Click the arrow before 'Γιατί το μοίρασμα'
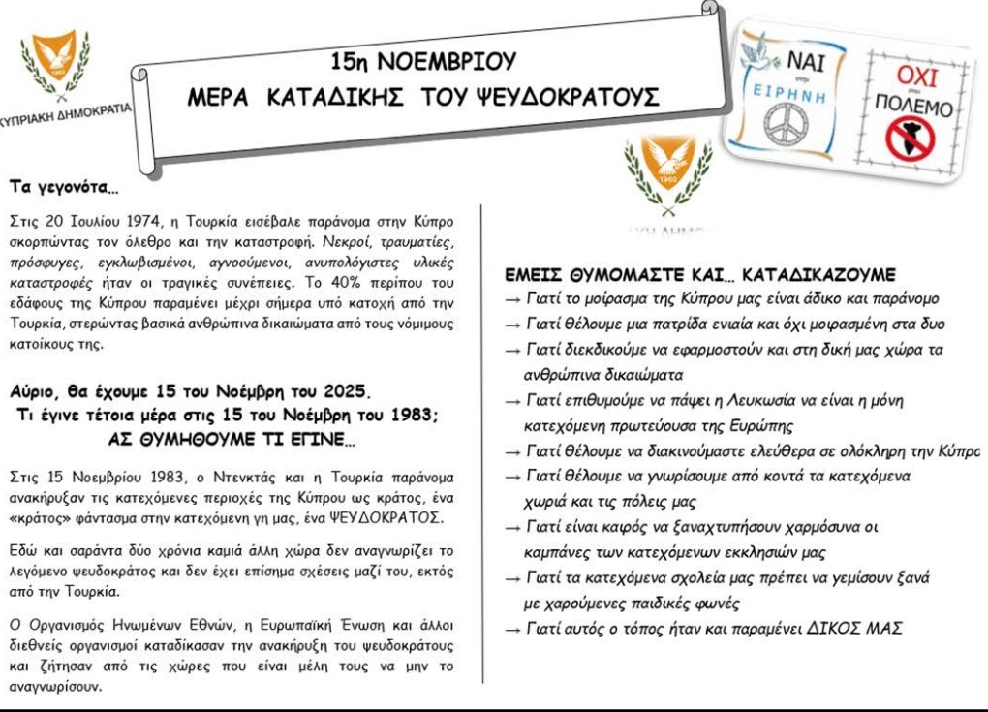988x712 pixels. tap(514, 299)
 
